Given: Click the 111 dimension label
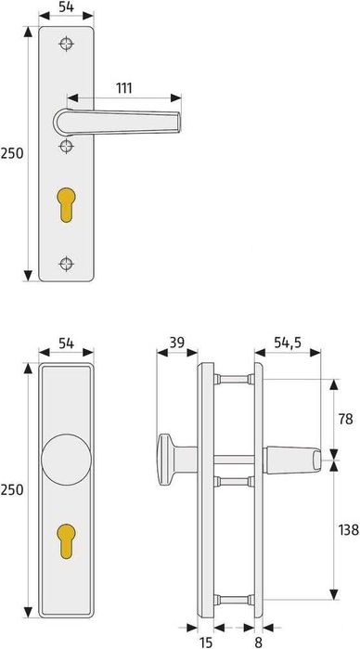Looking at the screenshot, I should point(124,87).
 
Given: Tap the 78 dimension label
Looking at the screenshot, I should point(345,419).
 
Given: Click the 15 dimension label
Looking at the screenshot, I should point(205,640).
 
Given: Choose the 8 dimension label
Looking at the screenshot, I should point(257,640).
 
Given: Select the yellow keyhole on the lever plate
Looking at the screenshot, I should point(67,204).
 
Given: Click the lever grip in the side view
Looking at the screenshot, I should point(294,458).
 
